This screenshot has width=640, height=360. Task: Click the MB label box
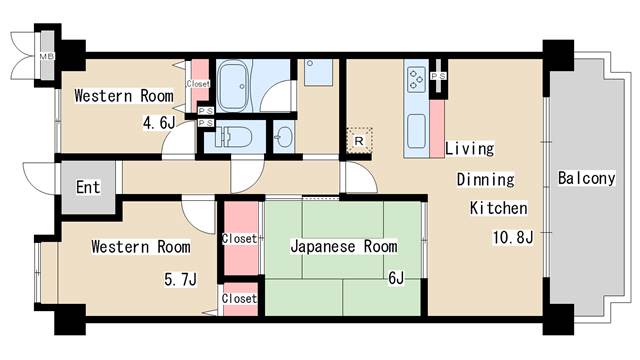(45, 55)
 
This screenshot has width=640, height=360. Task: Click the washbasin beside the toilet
(284, 138)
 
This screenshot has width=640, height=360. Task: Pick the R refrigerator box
(358, 141)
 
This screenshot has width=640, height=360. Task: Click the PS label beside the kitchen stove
(438, 76)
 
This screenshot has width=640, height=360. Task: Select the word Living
(469, 149)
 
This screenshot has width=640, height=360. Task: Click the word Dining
(485, 180)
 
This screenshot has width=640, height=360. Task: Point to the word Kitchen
(499, 209)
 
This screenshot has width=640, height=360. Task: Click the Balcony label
(586, 179)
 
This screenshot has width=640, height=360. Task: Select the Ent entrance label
(88, 186)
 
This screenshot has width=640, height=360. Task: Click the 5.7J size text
(180, 279)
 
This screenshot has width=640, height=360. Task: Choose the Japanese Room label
(343, 246)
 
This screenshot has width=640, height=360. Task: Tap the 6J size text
(395, 277)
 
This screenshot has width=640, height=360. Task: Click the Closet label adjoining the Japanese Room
(239, 239)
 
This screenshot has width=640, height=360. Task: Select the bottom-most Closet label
(239, 298)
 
